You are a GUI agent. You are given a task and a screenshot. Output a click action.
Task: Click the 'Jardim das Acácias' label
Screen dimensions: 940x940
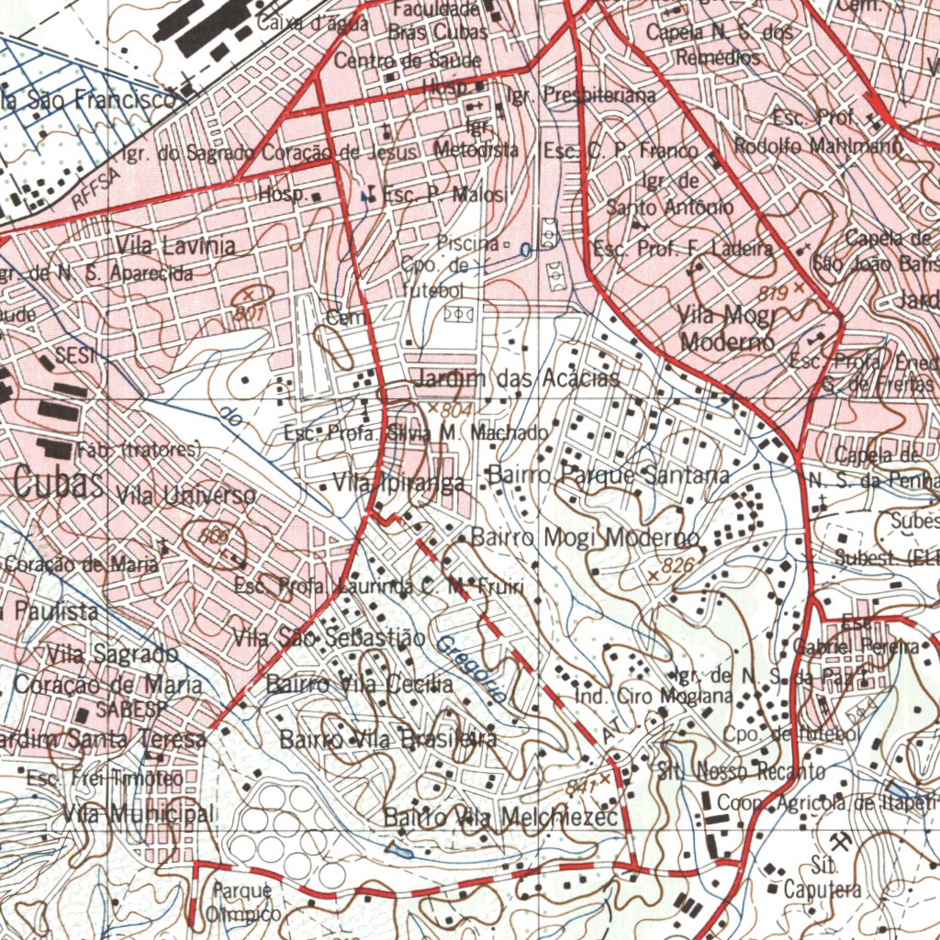pyautogui.click(x=518, y=379)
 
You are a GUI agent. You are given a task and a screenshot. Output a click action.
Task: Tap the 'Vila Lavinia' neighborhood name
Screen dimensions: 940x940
pyautogui.click(x=175, y=246)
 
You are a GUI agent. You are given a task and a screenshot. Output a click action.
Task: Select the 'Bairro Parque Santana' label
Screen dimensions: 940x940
pyautogui.click(x=609, y=476)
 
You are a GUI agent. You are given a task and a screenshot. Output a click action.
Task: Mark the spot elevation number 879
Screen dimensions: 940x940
pyautogui.click(x=775, y=293)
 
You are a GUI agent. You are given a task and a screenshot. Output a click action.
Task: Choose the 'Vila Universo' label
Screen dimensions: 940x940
pyautogui.click(x=187, y=496)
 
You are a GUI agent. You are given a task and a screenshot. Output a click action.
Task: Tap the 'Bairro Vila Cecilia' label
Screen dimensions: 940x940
pyautogui.click(x=359, y=685)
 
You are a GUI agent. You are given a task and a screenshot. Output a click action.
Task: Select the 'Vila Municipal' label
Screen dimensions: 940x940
pyautogui.click(x=139, y=813)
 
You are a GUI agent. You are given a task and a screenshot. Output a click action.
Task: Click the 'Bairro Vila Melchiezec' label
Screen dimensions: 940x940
pyautogui.click(x=501, y=817)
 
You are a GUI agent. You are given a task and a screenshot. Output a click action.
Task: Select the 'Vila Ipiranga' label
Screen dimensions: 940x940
pyautogui.click(x=398, y=482)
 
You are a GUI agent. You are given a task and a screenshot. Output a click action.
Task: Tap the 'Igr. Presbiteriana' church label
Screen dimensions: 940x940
pyautogui.click(x=581, y=95)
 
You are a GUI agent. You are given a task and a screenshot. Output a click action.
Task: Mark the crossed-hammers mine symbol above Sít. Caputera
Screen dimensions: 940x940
pyautogui.click(x=837, y=841)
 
